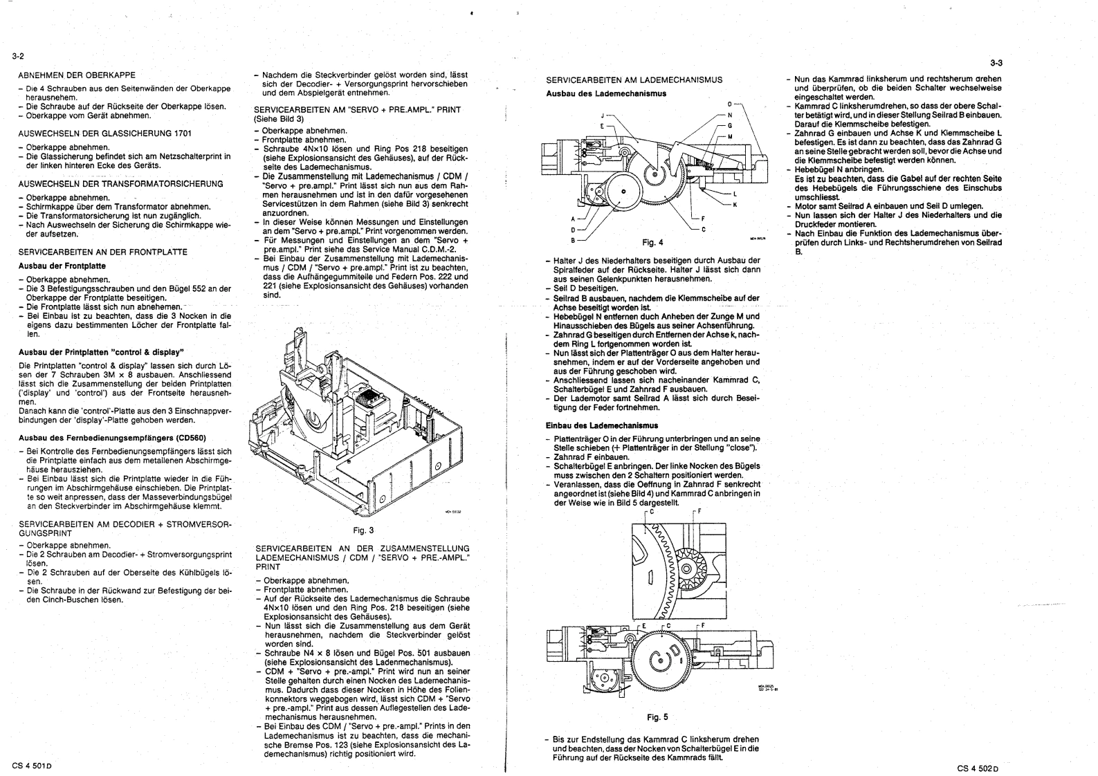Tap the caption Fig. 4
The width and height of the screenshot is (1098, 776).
(x=652, y=243)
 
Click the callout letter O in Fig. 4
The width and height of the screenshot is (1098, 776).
(x=729, y=104)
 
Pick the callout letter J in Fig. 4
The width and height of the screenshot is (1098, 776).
(x=603, y=116)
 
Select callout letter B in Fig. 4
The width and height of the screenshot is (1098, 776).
(x=572, y=239)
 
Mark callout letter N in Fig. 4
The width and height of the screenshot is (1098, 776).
(x=729, y=115)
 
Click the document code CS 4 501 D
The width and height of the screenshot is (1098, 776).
(x=33, y=766)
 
